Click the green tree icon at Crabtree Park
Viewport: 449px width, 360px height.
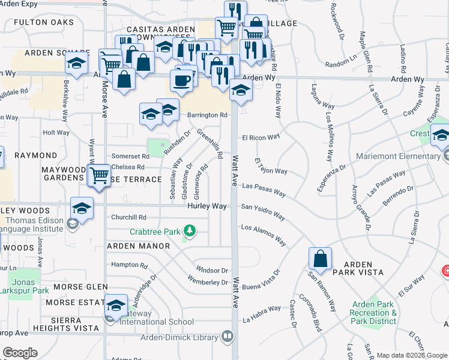click(x=190, y=230)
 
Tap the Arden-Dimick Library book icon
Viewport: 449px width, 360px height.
click(x=227, y=338)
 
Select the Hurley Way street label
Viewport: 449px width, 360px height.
click(x=207, y=206)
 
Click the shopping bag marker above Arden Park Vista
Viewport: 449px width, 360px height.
click(x=321, y=259)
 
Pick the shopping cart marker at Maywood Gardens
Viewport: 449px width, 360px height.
click(x=99, y=176)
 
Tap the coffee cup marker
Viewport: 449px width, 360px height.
click(x=181, y=80)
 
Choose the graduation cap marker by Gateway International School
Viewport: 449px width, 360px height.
click(x=115, y=306)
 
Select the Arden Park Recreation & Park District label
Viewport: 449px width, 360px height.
click(x=374, y=313)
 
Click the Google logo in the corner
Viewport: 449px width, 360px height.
click(x=20, y=353)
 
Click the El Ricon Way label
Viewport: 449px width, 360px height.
click(x=261, y=137)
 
